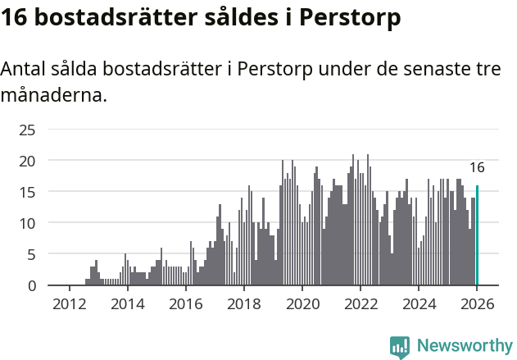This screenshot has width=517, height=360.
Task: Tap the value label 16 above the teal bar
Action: (477, 167)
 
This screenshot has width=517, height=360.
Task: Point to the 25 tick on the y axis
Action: (27, 130)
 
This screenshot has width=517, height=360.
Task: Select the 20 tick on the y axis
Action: (27, 161)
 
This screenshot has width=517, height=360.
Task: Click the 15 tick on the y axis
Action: (27, 192)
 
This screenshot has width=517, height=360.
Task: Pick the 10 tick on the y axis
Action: (27, 223)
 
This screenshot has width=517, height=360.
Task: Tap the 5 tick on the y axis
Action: (31, 254)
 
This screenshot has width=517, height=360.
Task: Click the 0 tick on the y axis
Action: (31, 285)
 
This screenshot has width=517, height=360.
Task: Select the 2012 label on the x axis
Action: (68, 303)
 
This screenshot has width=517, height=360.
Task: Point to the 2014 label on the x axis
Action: (127, 303)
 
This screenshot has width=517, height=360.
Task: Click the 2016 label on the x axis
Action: (185, 303)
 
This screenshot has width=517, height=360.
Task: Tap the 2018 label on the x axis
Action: (243, 303)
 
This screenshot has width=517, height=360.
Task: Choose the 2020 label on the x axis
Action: (302, 303)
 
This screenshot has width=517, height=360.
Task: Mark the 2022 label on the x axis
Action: (361, 303)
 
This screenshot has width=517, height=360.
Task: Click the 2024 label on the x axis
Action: (419, 303)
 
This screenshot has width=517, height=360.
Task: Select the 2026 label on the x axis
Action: (477, 303)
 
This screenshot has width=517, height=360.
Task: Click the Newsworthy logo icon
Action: (400, 347)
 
